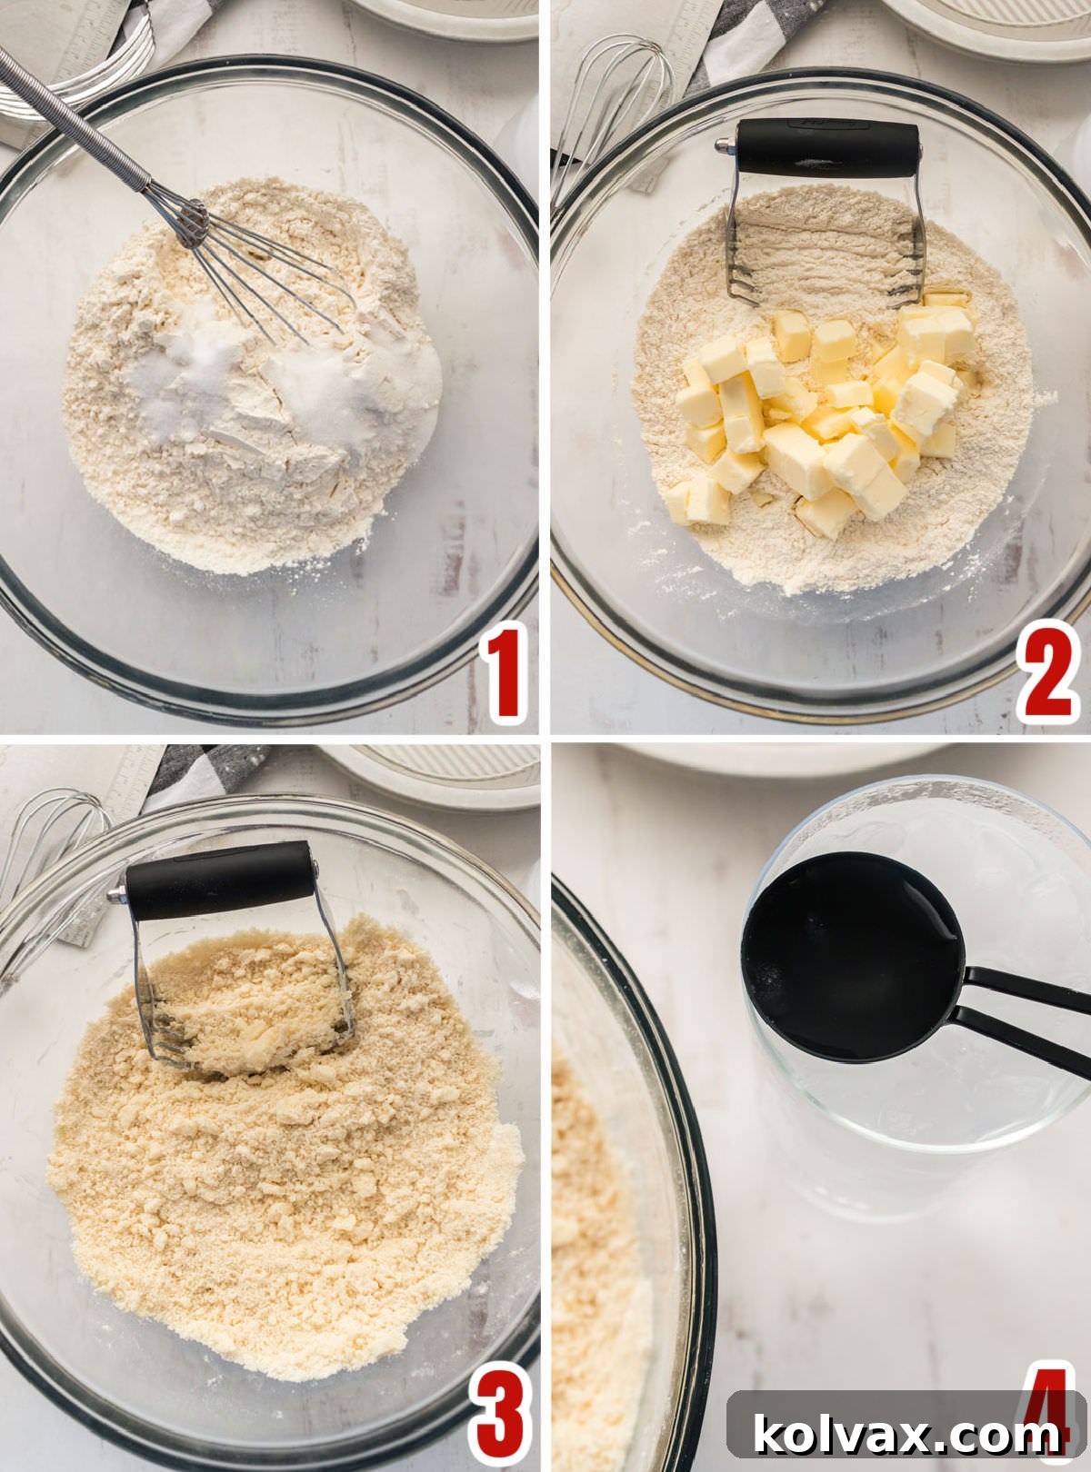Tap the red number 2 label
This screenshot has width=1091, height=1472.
tap(1047, 671)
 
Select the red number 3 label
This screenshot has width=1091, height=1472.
tap(499, 1412)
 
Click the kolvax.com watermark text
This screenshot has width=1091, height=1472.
tap(906, 1435)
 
